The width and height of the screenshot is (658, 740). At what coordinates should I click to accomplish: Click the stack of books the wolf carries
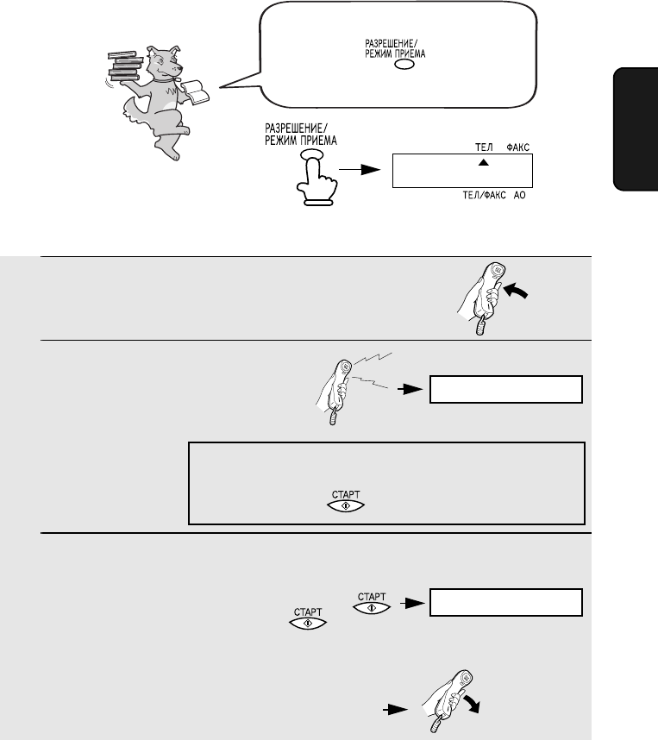125,66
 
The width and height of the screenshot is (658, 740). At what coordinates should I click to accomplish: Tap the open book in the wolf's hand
196,91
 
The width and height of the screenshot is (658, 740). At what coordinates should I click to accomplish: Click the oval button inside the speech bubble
404,65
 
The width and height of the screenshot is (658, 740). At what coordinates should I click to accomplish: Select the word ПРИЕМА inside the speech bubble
410,53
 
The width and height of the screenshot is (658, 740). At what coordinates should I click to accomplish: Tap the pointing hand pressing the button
316,179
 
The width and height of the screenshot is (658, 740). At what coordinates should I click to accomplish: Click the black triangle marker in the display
483,163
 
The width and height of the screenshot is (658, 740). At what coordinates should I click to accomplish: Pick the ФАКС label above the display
517,147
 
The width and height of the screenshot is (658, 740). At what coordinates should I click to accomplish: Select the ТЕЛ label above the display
484,147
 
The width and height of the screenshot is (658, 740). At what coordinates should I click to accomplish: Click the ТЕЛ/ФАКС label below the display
484,196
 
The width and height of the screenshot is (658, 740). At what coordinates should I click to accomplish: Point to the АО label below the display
519,196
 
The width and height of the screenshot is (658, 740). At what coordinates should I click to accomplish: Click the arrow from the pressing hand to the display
360,169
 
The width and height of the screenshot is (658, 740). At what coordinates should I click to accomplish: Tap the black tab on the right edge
636,129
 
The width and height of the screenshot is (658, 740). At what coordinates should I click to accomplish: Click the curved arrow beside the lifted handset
517,291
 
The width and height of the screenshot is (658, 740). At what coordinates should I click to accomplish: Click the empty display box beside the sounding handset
506,389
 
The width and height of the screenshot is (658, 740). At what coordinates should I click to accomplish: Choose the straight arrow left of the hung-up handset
396,709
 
